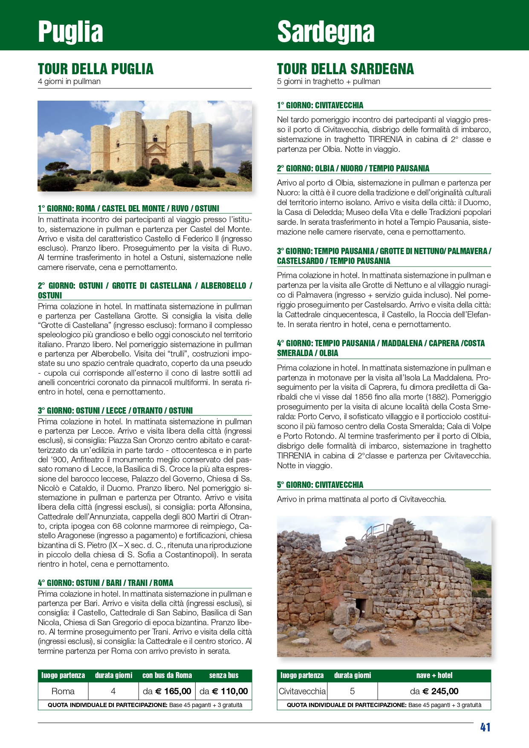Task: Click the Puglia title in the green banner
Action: point(70,32)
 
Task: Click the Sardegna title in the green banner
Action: point(326,32)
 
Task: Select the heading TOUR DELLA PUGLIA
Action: point(95,69)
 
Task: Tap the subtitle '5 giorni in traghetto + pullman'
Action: point(328,81)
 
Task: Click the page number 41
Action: point(485,728)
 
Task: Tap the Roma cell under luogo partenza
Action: point(63,691)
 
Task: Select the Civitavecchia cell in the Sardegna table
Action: point(302,691)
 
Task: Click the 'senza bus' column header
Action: point(224,676)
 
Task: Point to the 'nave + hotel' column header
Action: point(434,676)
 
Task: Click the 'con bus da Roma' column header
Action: point(167,676)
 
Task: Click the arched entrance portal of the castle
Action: point(155,162)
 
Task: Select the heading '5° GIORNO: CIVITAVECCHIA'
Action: point(320,485)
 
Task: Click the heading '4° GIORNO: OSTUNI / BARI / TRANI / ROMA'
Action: point(105,583)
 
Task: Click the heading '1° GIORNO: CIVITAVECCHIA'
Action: point(320,105)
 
